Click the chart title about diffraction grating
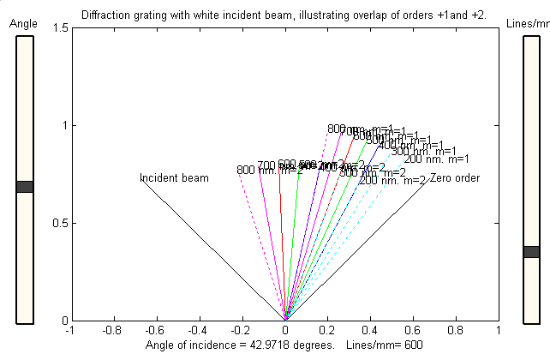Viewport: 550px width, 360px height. [x=284, y=15]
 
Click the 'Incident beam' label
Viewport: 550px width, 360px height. [x=174, y=178]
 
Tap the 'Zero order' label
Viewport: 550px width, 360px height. [x=454, y=178]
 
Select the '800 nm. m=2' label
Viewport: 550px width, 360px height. [x=270, y=170]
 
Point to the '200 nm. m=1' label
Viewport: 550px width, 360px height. [x=436, y=159]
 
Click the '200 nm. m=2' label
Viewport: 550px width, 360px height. [x=392, y=180]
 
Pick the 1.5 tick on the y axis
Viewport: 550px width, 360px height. [x=58, y=28]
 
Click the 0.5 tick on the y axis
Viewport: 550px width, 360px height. [x=58, y=224]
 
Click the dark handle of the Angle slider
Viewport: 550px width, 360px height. [x=25, y=187]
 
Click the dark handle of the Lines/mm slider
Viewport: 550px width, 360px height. [x=531, y=252]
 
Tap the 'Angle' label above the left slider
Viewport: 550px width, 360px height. [x=24, y=25]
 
